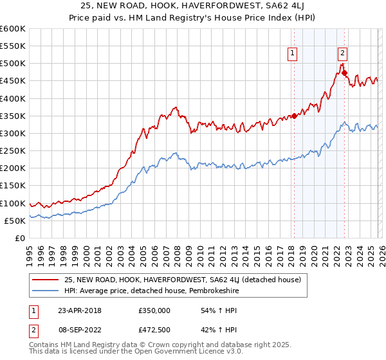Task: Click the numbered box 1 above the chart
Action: tap(293, 54)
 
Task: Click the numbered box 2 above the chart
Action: tap(342, 54)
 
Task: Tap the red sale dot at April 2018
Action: tap(294, 116)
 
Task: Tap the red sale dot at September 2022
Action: tap(344, 73)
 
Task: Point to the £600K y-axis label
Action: tap(13, 29)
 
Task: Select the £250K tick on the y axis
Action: tap(13, 151)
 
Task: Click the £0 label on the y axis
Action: tap(19, 238)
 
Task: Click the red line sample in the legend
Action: tap(46, 279)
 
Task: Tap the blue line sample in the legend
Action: tap(46, 290)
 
